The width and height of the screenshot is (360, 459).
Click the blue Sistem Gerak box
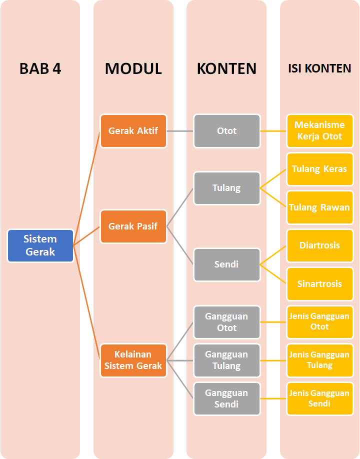40,245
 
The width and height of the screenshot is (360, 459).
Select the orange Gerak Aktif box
133,131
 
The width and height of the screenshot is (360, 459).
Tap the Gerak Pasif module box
133,226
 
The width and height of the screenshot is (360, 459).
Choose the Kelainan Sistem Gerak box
133,360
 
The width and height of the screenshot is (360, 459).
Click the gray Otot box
227,131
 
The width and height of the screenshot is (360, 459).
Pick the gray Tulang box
227,188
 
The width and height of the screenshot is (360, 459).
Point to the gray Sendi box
227,264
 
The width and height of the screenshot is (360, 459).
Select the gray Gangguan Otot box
227,322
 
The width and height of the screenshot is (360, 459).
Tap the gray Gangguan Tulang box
227,360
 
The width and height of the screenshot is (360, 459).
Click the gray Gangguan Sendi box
227,398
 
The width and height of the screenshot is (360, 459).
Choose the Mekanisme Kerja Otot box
319,131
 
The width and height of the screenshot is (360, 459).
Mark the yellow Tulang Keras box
319,169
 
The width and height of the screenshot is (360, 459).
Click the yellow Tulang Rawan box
319,207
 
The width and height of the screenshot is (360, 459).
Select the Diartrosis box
319,245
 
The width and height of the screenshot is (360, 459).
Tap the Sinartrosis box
319,283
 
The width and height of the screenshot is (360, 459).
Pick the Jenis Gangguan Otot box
319,321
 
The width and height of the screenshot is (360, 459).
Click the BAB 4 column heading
40,68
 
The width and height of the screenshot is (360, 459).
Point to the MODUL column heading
133,68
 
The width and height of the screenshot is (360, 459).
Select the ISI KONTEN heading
319,68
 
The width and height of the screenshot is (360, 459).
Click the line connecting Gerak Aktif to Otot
180,131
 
